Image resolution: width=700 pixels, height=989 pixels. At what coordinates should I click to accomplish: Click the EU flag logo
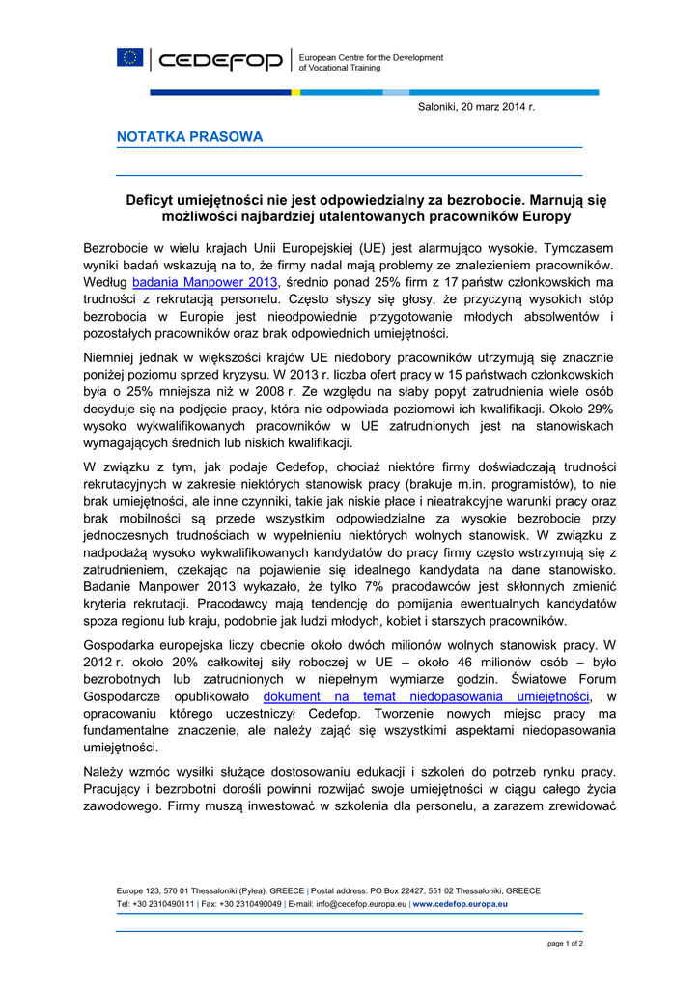pyautogui.click(x=129, y=58)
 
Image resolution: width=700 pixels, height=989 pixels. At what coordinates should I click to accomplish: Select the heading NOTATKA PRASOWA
pyautogui.click(x=189, y=137)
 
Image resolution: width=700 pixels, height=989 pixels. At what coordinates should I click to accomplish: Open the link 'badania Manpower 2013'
pyautogui.click(x=205, y=282)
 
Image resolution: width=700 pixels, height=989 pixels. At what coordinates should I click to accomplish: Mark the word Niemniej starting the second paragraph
pyautogui.click(x=114, y=356)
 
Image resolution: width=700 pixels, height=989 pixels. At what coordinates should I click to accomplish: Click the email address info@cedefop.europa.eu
pyautogui.click(x=360, y=904)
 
